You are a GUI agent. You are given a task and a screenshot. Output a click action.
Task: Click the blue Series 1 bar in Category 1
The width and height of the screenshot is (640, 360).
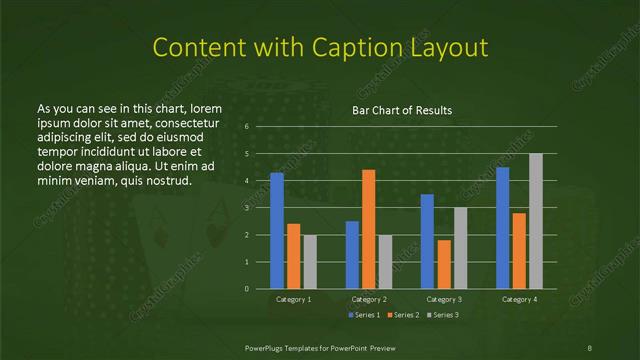pos(276,231)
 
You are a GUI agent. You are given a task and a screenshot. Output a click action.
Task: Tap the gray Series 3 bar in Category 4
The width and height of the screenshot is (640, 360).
pos(536,221)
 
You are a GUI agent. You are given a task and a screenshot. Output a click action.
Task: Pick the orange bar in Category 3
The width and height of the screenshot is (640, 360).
pos(444,264)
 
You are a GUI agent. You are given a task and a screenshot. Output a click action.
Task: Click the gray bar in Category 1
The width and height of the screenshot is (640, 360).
pos(310,262)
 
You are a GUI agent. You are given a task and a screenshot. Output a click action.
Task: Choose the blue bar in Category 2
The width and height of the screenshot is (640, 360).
pos(352,255)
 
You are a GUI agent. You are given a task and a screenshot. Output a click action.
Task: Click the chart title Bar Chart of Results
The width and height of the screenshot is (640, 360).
pos(402,110)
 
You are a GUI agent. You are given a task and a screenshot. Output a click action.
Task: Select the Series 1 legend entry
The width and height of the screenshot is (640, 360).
pos(362,315)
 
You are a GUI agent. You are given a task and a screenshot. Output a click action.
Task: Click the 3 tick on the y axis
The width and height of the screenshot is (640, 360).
pos(246,208)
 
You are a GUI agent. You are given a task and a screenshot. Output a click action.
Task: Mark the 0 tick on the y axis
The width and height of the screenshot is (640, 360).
pos(246,289)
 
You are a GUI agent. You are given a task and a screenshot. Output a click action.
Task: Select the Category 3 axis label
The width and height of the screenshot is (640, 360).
pos(444,299)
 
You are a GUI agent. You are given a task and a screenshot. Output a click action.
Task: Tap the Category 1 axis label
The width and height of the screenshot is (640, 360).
pos(293,299)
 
